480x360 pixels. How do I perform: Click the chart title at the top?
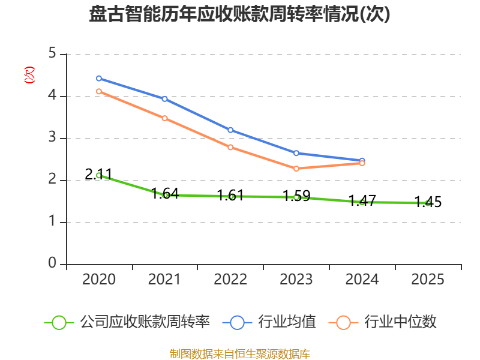click(x=240, y=14)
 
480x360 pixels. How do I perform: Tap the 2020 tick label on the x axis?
click(x=99, y=280)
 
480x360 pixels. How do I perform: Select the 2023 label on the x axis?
click(x=296, y=280)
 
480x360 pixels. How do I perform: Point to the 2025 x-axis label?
click(x=428, y=280)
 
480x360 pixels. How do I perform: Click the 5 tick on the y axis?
click(x=52, y=54)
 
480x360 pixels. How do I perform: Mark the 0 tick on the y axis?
click(x=52, y=264)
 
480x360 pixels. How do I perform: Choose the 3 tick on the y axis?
click(x=52, y=138)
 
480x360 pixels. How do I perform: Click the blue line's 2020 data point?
click(x=99, y=79)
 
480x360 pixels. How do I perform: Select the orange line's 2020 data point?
click(x=99, y=91)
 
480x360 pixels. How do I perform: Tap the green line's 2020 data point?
click(x=99, y=175)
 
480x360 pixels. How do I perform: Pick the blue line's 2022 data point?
click(x=230, y=130)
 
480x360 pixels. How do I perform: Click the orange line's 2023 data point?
click(x=296, y=169)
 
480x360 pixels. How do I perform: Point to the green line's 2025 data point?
click(x=428, y=203)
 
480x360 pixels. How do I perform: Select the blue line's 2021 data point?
click(x=164, y=99)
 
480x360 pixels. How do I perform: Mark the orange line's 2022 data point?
click(x=230, y=147)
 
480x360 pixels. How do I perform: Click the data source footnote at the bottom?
click(x=240, y=353)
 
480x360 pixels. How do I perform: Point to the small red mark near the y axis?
click(x=29, y=75)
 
